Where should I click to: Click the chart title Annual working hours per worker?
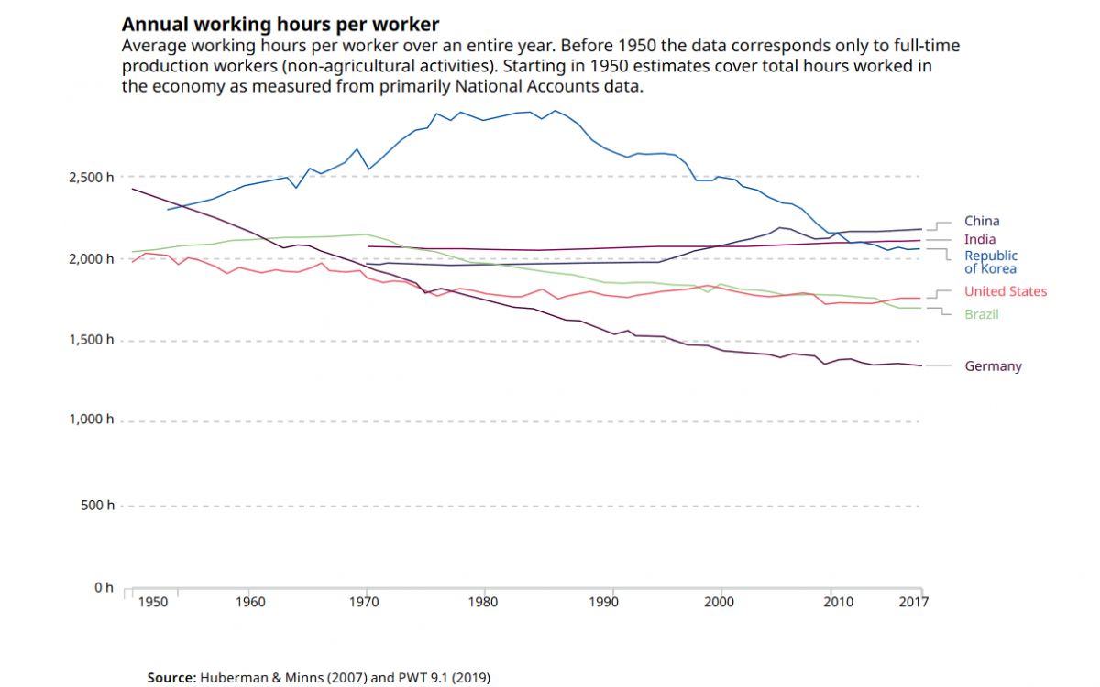[x=280, y=25]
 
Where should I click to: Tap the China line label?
[x=981, y=221]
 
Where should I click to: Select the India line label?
[x=980, y=240]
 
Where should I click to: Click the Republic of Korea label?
[x=990, y=262]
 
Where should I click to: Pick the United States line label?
[x=1005, y=291]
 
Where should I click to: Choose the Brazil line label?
[x=981, y=314]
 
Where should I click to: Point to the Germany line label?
[x=992, y=366]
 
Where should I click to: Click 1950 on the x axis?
[x=154, y=602]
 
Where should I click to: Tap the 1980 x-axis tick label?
[x=483, y=602]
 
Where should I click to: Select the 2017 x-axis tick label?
[x=913, y=602]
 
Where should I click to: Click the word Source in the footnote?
[x=171, y=678]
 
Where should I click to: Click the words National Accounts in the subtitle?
[x=537, y=87]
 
